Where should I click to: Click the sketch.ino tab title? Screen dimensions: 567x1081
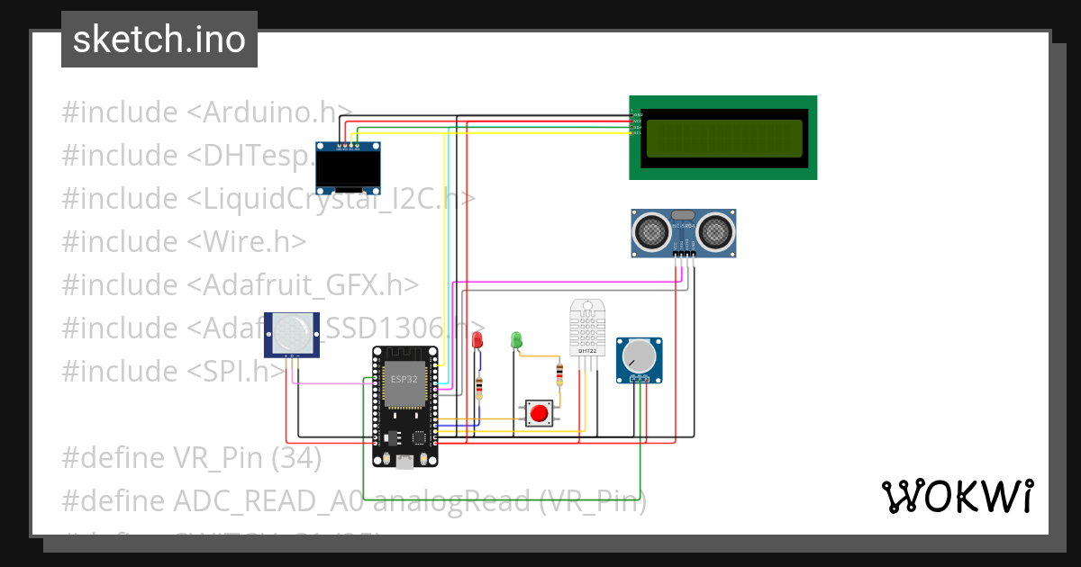[x=159, y=40]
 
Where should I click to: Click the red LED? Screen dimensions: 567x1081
[x=477, y=339]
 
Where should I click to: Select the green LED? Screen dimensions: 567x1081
[x=516, y=339]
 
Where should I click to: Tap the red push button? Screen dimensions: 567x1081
[x=539, y=414]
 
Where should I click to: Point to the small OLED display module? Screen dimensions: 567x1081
[x=348, y=168]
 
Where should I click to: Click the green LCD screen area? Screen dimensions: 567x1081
[x=723, y=138]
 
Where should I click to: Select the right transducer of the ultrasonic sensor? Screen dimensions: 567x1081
[x=718, y=231]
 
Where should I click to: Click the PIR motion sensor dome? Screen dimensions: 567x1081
[x=291, y=333]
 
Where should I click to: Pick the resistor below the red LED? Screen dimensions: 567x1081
[x=478, y=389]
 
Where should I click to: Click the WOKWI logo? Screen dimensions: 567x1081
[x=957, y=496]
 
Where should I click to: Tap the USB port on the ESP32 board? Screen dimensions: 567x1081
[x=404, y=462]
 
